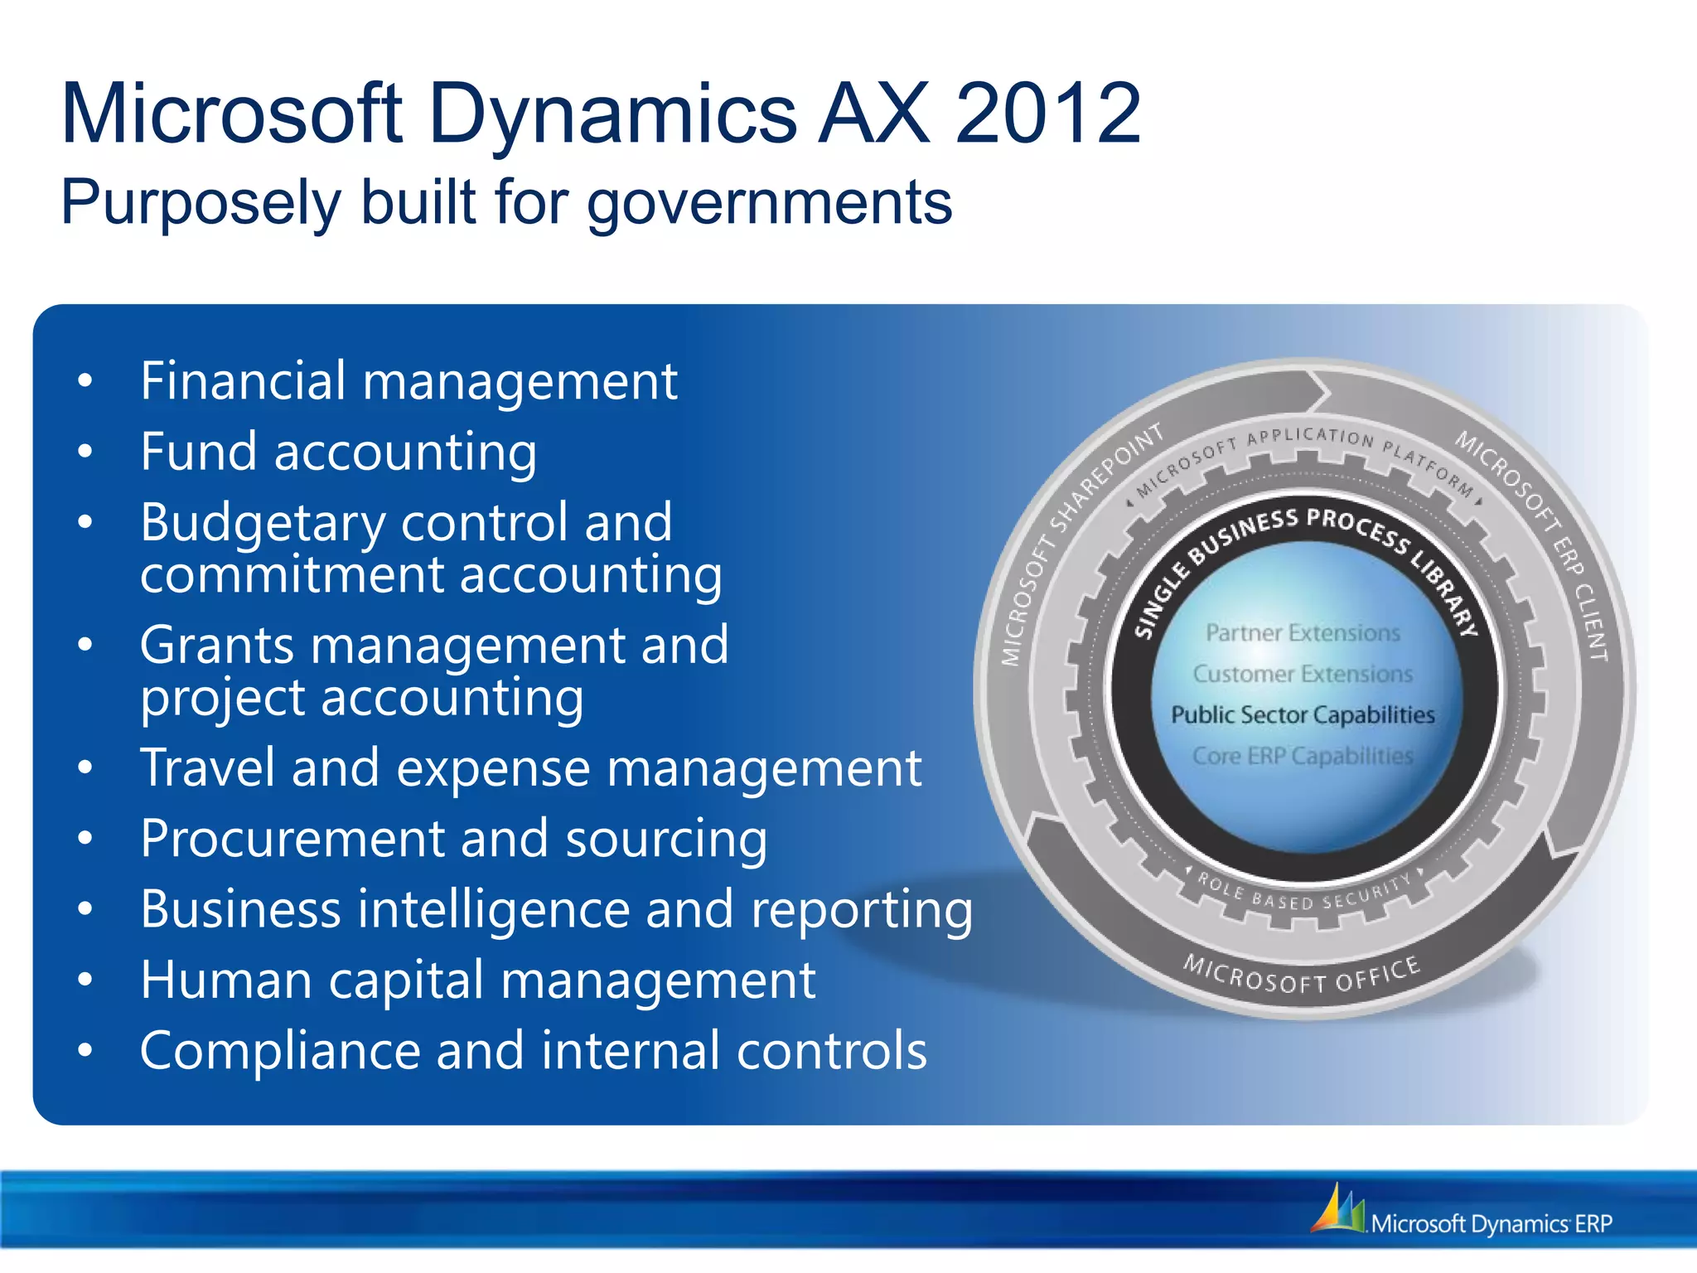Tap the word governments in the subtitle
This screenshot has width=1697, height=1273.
click(x=770, y=203)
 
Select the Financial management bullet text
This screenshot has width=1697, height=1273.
click(x=409, y=382)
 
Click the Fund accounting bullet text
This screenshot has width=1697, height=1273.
click(x=338, y=453)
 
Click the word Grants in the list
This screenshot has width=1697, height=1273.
click(x=216, y=646)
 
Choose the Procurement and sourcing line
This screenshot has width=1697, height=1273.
click(x=453, y=839)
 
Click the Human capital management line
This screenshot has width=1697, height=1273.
click(x=477, y=980)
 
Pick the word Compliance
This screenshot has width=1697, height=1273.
click(x=280, y=1051)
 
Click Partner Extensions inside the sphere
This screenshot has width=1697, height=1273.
click(x=1303, y=633)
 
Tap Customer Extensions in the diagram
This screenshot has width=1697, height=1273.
click(x=1303, y=674)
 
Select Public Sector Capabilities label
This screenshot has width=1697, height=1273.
click(x=1303, y=714)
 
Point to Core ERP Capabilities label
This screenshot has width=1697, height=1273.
click(x=1303, y=756)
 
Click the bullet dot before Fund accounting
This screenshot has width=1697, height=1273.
click(x=85, y=453)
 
